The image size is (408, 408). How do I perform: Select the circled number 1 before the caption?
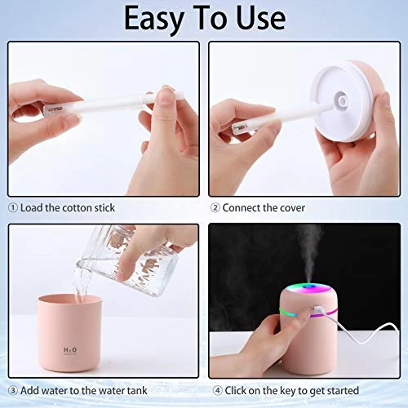(13, 208)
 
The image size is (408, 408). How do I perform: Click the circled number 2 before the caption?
(215, 208)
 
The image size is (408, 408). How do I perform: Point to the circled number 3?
(13, 391)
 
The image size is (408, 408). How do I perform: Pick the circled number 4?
(215, 391)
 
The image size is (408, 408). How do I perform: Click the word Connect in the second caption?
(245, 208)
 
